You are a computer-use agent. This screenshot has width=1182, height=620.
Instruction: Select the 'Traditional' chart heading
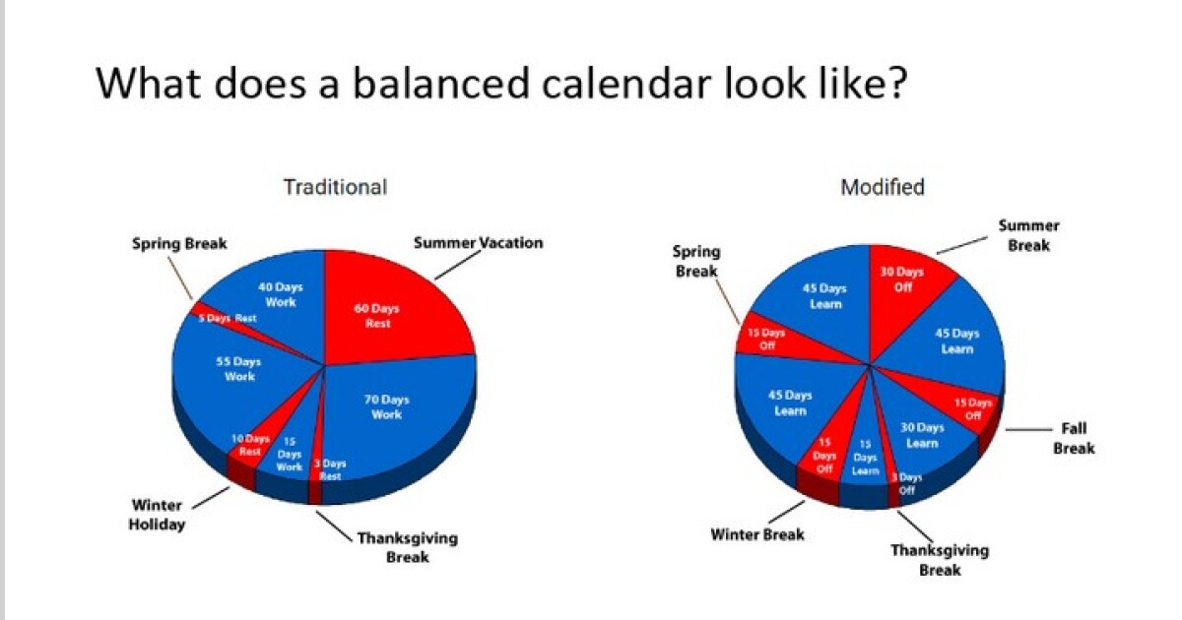(x=335, y=186)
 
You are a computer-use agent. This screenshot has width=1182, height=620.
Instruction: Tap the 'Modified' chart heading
(x=882, y=187)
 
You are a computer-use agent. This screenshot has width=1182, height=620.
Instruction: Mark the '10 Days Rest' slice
(x=250, y=445)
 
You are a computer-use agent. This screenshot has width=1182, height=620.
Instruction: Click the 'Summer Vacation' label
(x=478, y=242)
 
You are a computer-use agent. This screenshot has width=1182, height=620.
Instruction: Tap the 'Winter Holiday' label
(x=157, y=515)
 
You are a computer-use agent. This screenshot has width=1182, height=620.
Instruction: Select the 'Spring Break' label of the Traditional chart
(x=179, y=243)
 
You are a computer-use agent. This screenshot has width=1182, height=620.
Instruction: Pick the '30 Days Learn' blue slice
(x=922, y=435)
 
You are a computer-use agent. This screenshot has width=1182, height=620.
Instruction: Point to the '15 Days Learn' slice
(x=865, y=458)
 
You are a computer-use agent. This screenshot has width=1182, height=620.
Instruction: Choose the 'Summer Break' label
(x=1028, y=235)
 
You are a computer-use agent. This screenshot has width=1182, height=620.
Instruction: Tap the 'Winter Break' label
(x=756, y=534)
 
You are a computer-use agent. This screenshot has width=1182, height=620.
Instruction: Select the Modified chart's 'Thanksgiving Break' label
(x=940, y=560)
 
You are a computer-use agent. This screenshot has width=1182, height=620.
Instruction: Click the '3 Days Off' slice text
(x=904, y=483)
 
